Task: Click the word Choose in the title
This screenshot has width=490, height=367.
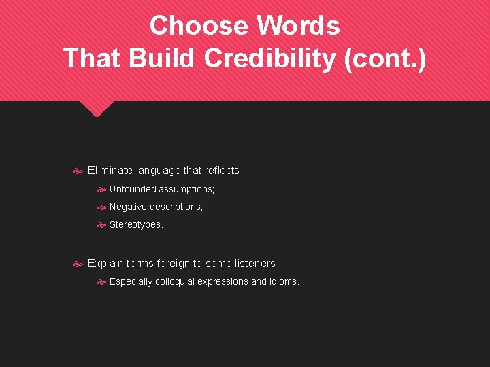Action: pyautogui.click(x=198, y=26)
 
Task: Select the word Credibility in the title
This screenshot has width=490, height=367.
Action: pyautogui.click(x=270, y=58)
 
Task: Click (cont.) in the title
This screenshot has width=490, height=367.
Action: pyautogui.click(x=385, y=58)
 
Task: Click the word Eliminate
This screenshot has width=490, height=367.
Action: pyautogui.click(x=110, y=171)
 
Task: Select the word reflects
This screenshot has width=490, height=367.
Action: pyautogui.click(x=218, y=171)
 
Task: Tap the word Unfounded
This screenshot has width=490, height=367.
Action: pyautogui.click(x=133, y=189)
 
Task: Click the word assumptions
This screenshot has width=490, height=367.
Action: pyautogui.click(x=186, y=189)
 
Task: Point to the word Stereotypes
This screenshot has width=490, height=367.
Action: pyautogui.click(x=135, y=225)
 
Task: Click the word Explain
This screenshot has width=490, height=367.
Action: pyautogui.click(x=105, y=264)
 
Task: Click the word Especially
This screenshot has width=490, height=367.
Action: pyautogui.click(x=131, y=281)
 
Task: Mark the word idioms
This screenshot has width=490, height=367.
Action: pyautogui.click(x=284, y=281)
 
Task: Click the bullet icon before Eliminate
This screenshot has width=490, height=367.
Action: pyautogui.click(x=78, y=171)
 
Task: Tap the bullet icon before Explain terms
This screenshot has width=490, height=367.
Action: pyautogui.click(x=78, y=264)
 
